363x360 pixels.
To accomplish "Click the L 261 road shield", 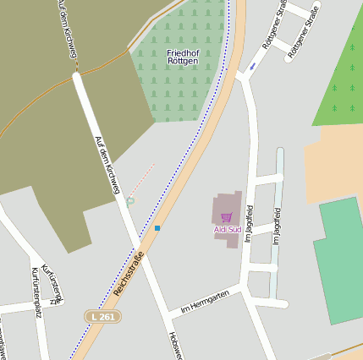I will coord(102,316).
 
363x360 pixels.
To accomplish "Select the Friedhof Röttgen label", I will coord(182,57).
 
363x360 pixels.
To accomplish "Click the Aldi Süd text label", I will coord(227,229).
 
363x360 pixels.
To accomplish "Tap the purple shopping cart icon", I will coord(227,217).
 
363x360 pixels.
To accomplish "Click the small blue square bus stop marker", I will coord(157,228).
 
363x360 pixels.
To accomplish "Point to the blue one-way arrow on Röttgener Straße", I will coord(252,66).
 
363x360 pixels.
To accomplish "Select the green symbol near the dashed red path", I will coord(130,200).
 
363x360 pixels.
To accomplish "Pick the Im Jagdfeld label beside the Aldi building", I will coord(249,224).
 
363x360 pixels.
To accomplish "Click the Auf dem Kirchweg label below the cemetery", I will coord(107,166).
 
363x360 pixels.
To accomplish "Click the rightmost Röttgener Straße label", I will coord(303,31).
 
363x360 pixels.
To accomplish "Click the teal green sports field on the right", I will coord(341,259).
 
